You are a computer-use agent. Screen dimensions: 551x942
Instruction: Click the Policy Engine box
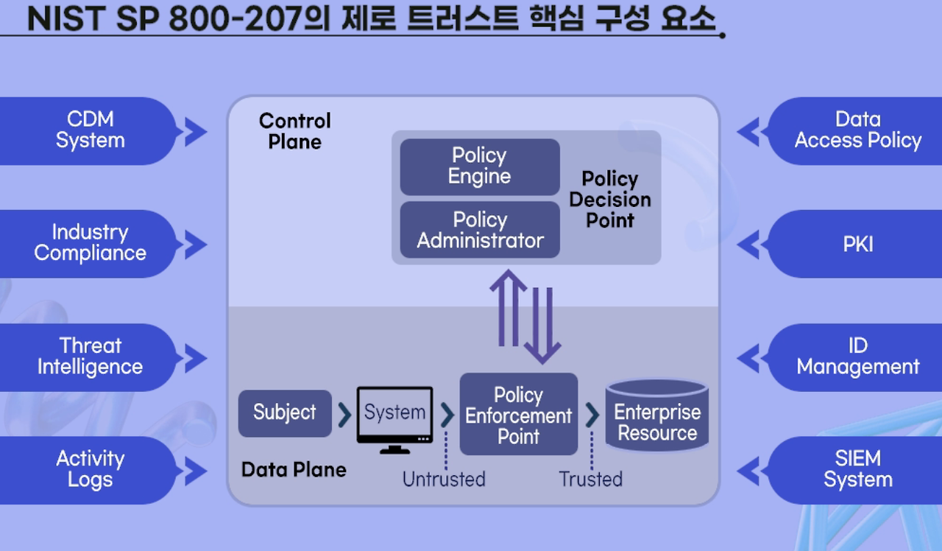480,166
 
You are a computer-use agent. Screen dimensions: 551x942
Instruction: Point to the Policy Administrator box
480,230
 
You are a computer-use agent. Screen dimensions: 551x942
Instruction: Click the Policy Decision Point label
609,200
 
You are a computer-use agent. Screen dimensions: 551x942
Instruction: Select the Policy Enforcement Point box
518,415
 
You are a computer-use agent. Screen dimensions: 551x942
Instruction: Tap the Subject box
285,413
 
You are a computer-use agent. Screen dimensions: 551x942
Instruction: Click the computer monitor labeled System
394,415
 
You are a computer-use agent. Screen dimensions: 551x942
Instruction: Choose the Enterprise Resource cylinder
657,417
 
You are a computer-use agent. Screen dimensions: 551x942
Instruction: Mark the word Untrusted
444,480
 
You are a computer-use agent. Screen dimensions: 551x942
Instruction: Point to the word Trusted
590,480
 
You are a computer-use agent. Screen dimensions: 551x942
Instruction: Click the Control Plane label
294,131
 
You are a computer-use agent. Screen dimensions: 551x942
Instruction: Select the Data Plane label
294,469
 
